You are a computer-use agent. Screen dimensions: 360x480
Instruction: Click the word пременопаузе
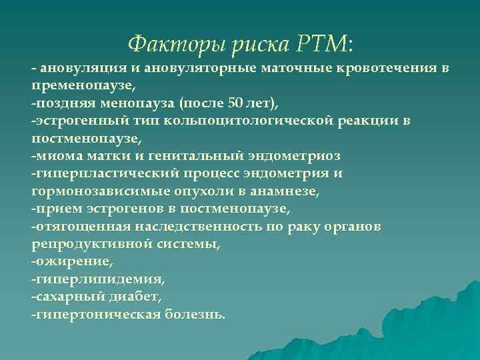click(x=82, y=86)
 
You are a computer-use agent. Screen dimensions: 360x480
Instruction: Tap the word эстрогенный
click(x=73, y=121)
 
